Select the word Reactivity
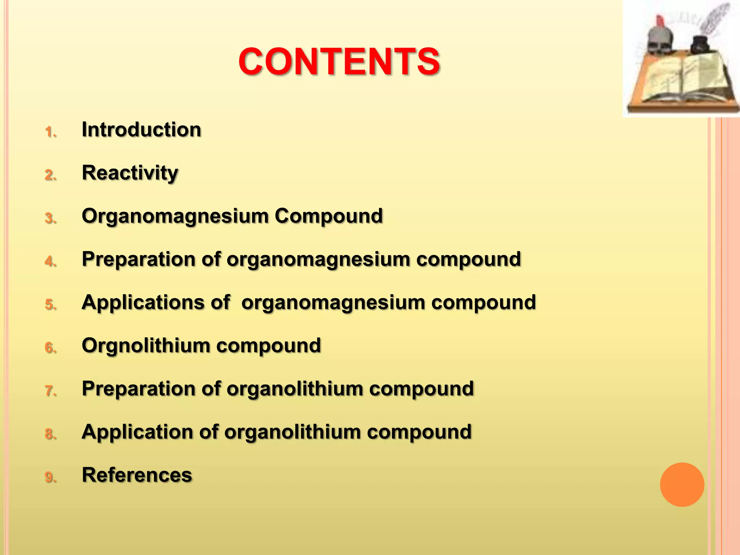[130, 173]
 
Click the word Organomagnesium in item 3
[175, 216]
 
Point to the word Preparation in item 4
[138, 259]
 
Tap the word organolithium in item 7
[294, 389]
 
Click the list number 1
[50, 132]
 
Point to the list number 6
[50, 348]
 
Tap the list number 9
[50, 477]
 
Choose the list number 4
[50, 262]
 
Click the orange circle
[682, 485]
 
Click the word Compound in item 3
[328, 216]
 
